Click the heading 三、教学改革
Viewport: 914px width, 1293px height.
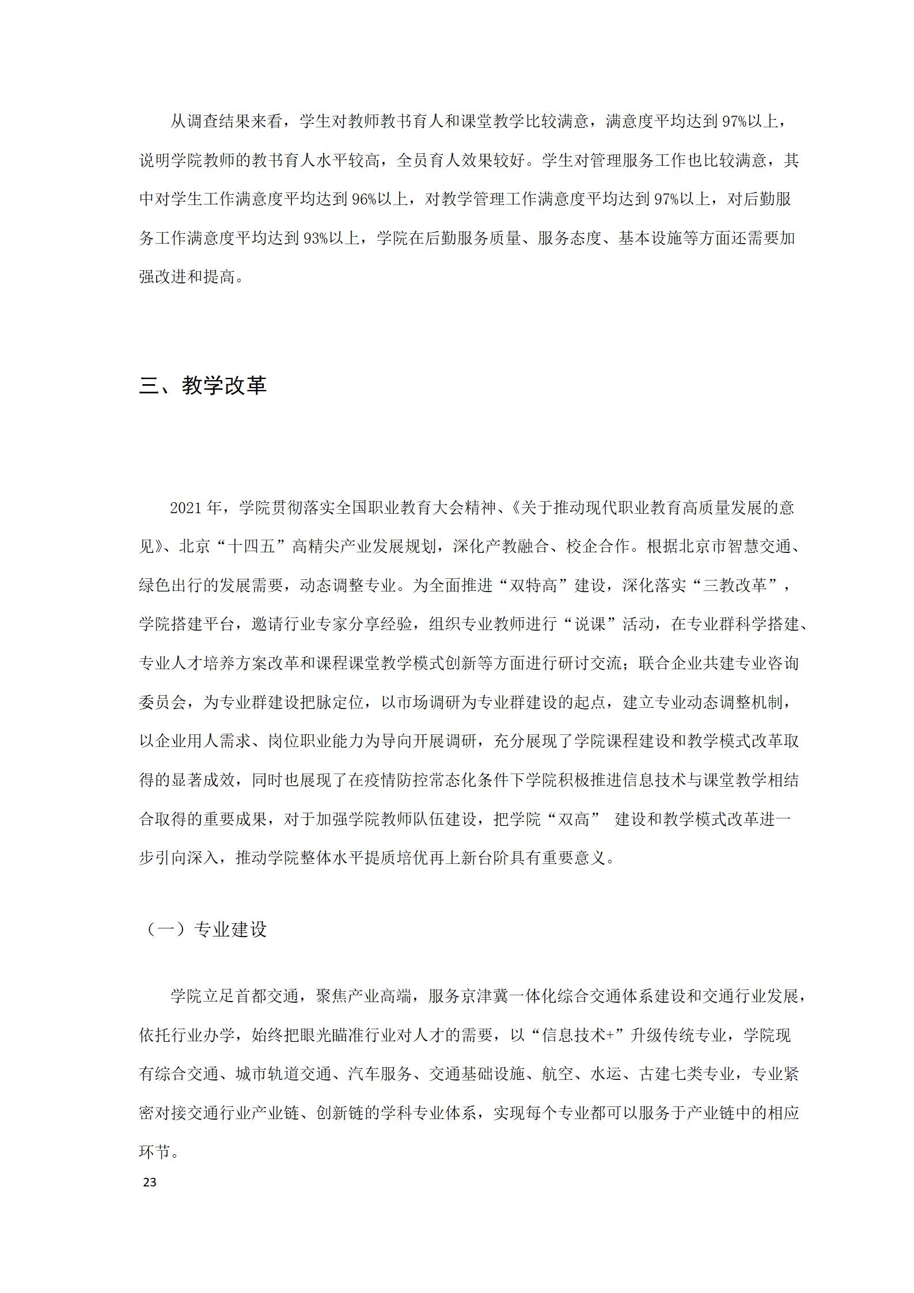[x=203, y=385]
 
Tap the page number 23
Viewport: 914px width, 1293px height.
[x=149, y=1182]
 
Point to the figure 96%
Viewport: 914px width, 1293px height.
[x=364, y=199]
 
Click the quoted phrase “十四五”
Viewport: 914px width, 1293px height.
[x=251, y=546]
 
